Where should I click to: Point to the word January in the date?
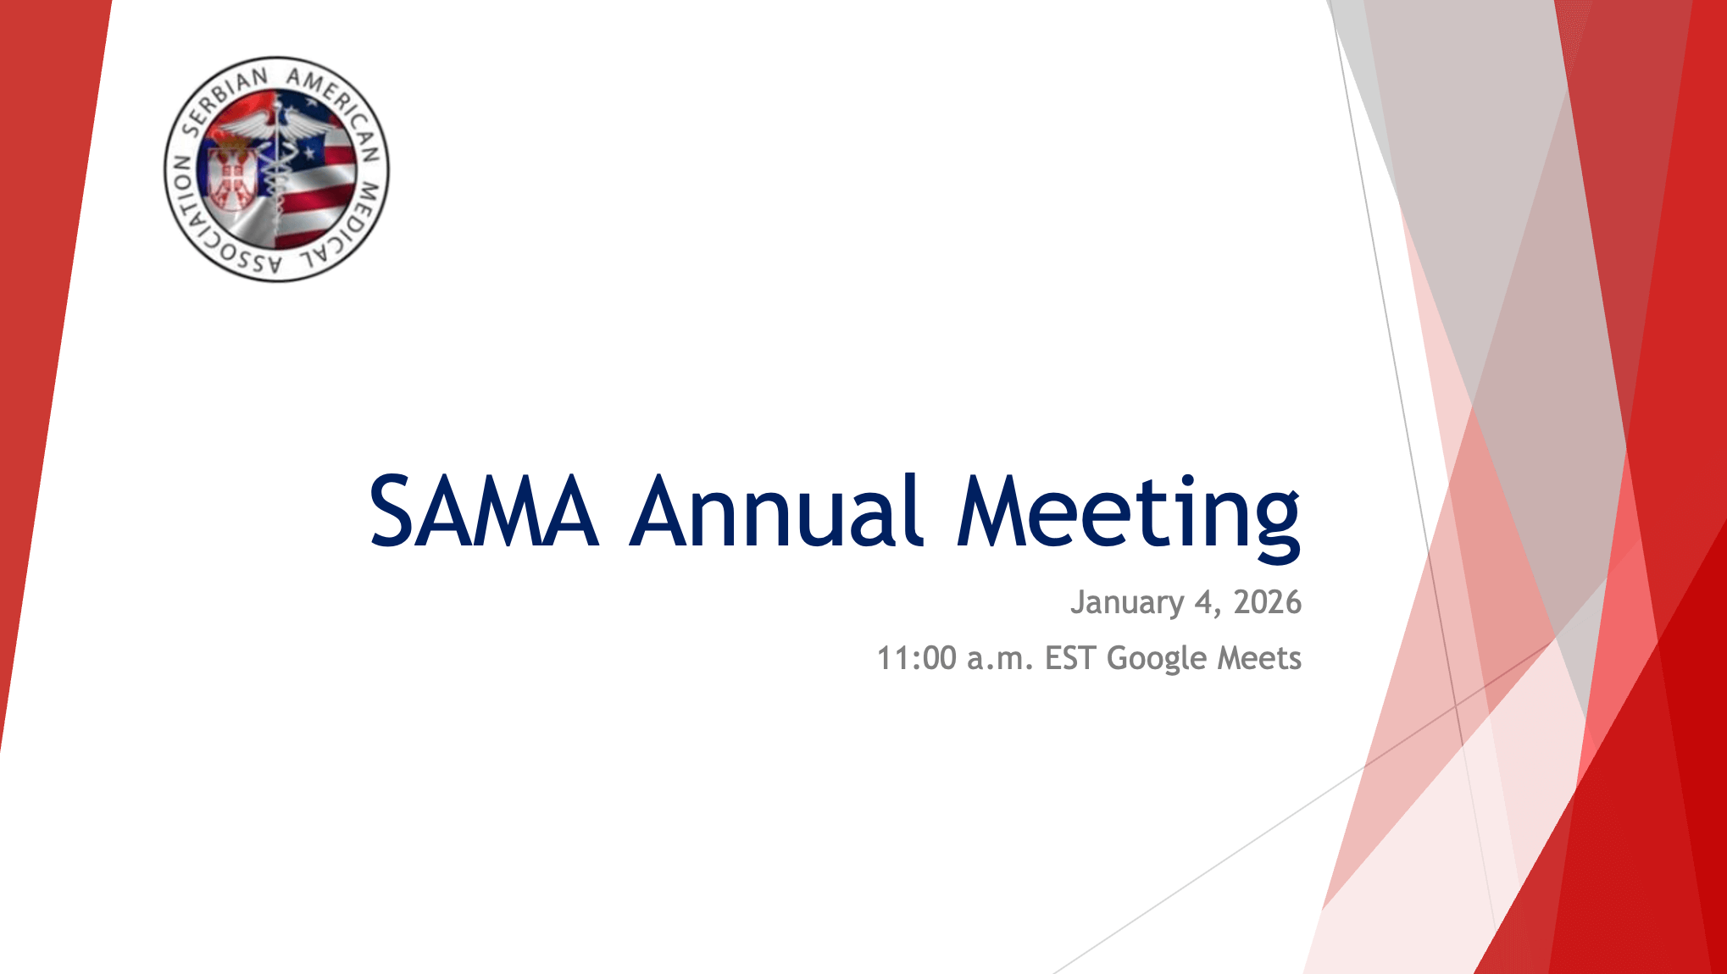pos(1127,603)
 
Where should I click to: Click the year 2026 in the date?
pos(1267,602)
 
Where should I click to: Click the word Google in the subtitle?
pos(1157,660)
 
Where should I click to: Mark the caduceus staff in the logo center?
pos(276,169)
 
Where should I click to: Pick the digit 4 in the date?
pos(1204,602)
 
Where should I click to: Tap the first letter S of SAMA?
pos(392,511)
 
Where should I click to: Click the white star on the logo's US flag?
pos(310,154)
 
